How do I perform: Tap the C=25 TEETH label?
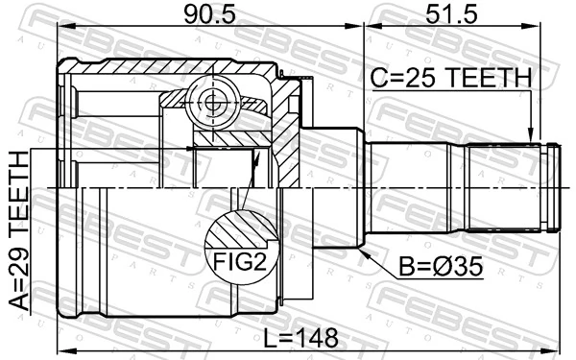point(451,77)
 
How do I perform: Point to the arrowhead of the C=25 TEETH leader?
point(530,137)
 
